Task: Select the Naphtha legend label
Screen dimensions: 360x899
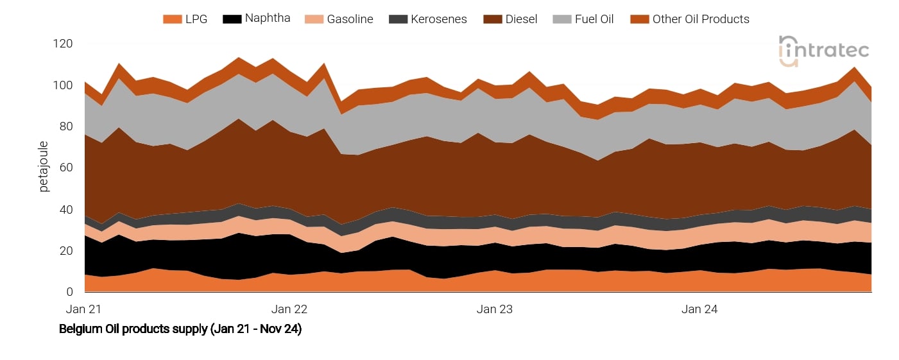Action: [x=267, y=19]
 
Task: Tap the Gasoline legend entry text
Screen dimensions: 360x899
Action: [x=350, y=19]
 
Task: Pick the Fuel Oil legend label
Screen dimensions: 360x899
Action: [x=594, y=19]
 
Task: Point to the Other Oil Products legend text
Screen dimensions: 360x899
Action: [x=701, y=19]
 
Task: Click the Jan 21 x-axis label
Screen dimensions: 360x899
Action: [x=84, y=309]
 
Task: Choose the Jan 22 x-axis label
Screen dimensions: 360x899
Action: [x=289, y=309]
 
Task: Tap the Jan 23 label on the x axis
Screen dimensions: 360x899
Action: [x=495, y=309]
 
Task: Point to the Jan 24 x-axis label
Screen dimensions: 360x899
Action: [x=700, y=309]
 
